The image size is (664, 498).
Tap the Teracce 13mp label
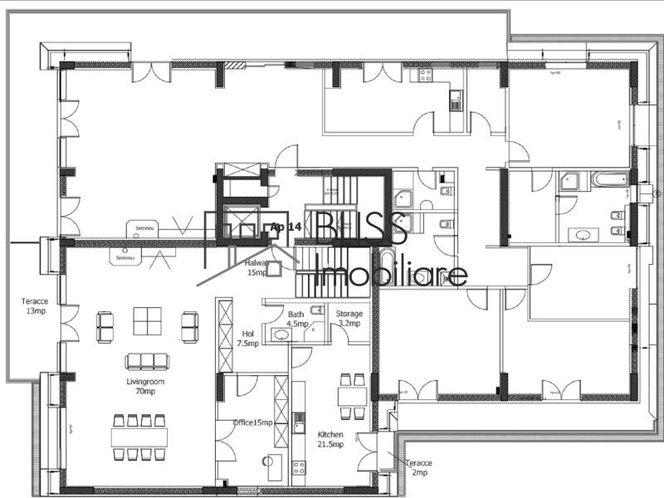pyautogui.click(x=36, y=306)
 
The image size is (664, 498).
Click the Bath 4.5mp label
pyautogui.click(x=296, y=319)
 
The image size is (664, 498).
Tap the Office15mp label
pyautogui.click(x=252, y=422)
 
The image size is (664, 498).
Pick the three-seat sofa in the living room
pyautogui.click(x=146, y=361)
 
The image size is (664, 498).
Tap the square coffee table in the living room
pyautogui.click(x=149, y=322)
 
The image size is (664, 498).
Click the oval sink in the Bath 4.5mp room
pyautogui.click(x=281, y=335)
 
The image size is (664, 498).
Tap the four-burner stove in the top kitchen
pyautogui.click(x=424, y=76)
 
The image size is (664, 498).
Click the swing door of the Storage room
pyautogui.click(x=340, y=334)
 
